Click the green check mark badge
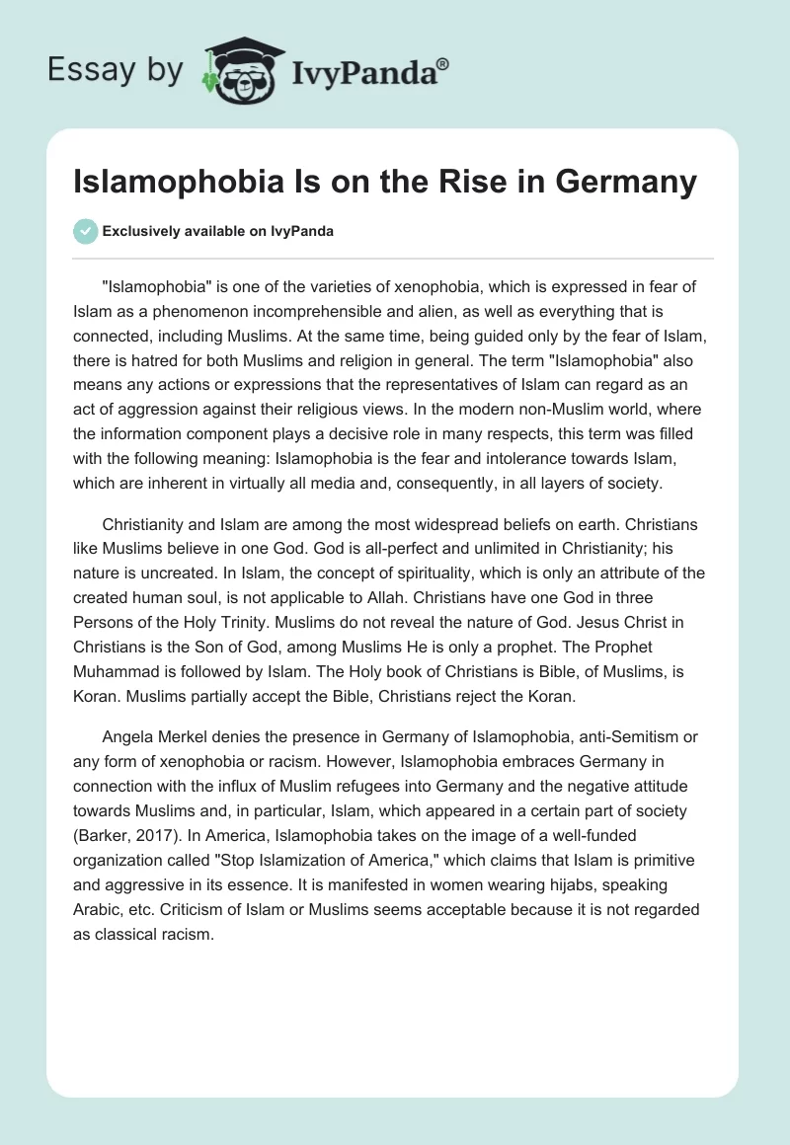tap(85, 231)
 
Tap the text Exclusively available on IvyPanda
tap(218, 231)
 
